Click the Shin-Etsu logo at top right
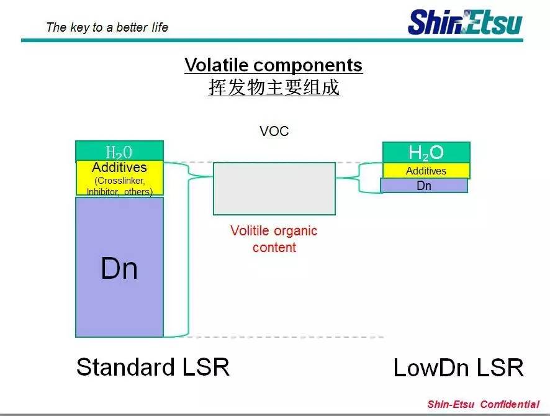[464, 22]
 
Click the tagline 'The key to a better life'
[107, 27]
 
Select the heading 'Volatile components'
[273, 65]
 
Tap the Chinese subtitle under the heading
[273, 88]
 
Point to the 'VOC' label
[274, 131]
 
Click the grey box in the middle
[274, 188]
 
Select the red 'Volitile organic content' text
[274, 239]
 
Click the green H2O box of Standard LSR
[119, 151]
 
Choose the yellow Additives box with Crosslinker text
[119, 178]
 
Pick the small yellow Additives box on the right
[426, 171]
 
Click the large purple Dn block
[119, 268]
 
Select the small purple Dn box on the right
[424, 185]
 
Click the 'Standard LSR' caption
[153, 367]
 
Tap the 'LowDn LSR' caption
[458, 368]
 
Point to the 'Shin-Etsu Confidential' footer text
[483, 404]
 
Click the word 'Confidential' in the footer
[510, 404]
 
